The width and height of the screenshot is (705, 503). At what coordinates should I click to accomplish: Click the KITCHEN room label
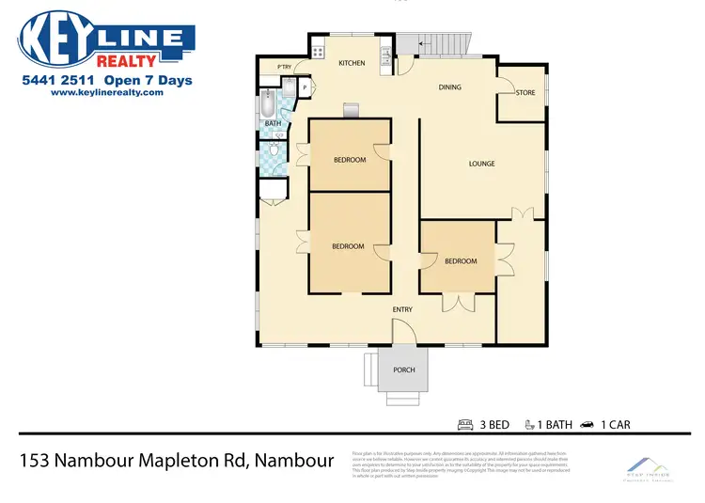[x=352, y=63]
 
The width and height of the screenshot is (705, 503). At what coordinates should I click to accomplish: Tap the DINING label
[x=450, y=87]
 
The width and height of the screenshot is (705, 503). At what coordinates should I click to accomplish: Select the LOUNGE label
[x=481, y=165]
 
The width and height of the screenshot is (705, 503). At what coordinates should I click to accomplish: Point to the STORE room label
[x=525, y=92]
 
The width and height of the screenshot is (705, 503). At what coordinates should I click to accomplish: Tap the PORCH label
[x=403, y=369]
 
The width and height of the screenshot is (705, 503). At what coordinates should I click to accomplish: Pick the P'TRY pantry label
[x=284, y=65]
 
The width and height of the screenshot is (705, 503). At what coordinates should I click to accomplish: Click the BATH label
[x=272, y=123]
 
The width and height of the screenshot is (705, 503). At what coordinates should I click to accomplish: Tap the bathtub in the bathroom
[x=270, y=101]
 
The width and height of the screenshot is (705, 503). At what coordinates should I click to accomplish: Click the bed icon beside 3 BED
[x=464, y=424]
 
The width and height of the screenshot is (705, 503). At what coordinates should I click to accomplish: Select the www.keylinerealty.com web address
[x=102, y=93]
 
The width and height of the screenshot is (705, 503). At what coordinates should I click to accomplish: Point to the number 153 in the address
[x=35, y=461]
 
